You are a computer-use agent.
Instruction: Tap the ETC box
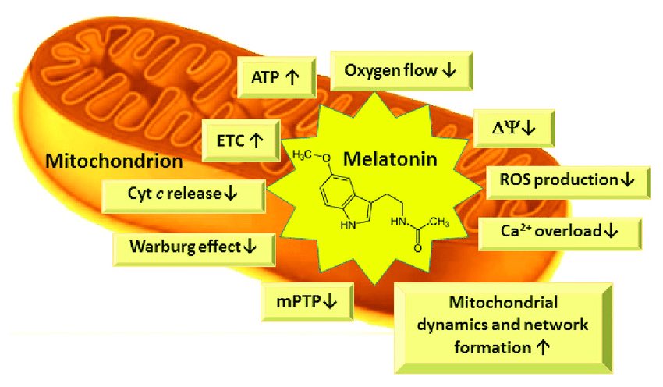237,141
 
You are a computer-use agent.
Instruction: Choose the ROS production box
566,180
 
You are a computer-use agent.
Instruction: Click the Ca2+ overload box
558,232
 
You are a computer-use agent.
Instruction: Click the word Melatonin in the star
394,160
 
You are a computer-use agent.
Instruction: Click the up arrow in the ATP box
292,77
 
